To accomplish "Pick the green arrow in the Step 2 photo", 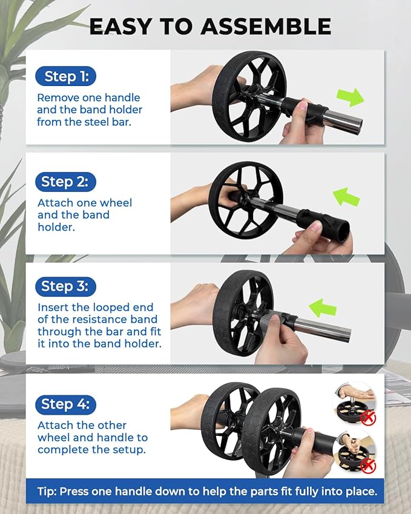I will (x=346, y=197).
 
